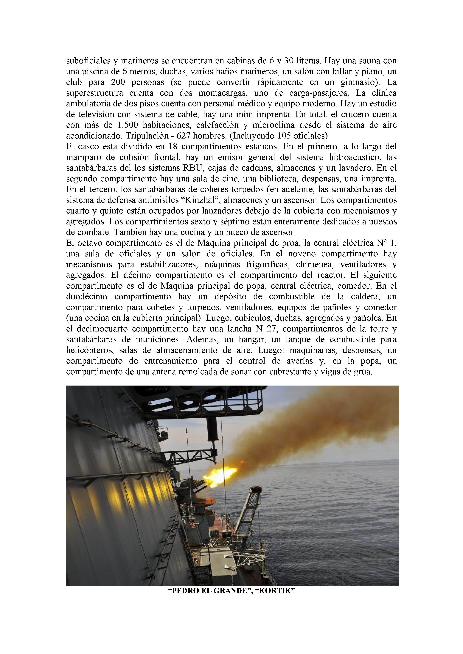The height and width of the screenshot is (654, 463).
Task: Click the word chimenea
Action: coord(311,265)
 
